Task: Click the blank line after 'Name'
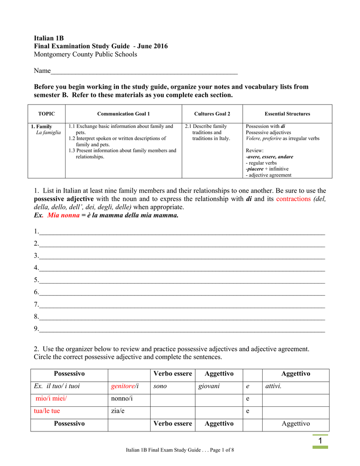(x=144, y=72)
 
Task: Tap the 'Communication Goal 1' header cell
(x=123, y=114)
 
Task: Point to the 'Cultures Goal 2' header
(x=212, y=114)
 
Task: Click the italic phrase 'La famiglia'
(x=48, y=132)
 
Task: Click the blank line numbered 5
(x=182, y=281)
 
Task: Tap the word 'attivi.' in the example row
(x=274, y=386)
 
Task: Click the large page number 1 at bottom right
(x=320, y=441)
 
